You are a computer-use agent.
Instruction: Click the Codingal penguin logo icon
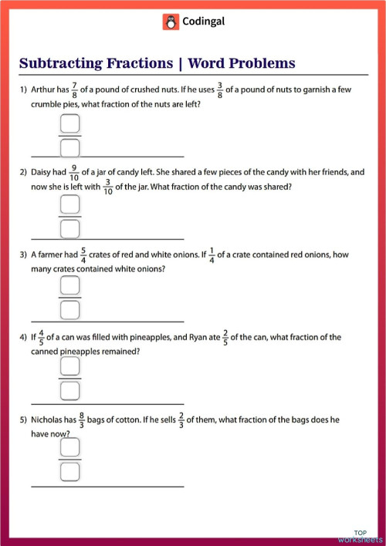171,22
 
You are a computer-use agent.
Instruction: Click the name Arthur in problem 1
43,90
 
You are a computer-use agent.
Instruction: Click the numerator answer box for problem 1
70,123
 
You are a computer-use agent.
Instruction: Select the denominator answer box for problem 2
70,228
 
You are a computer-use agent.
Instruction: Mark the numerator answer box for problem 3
70,287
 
